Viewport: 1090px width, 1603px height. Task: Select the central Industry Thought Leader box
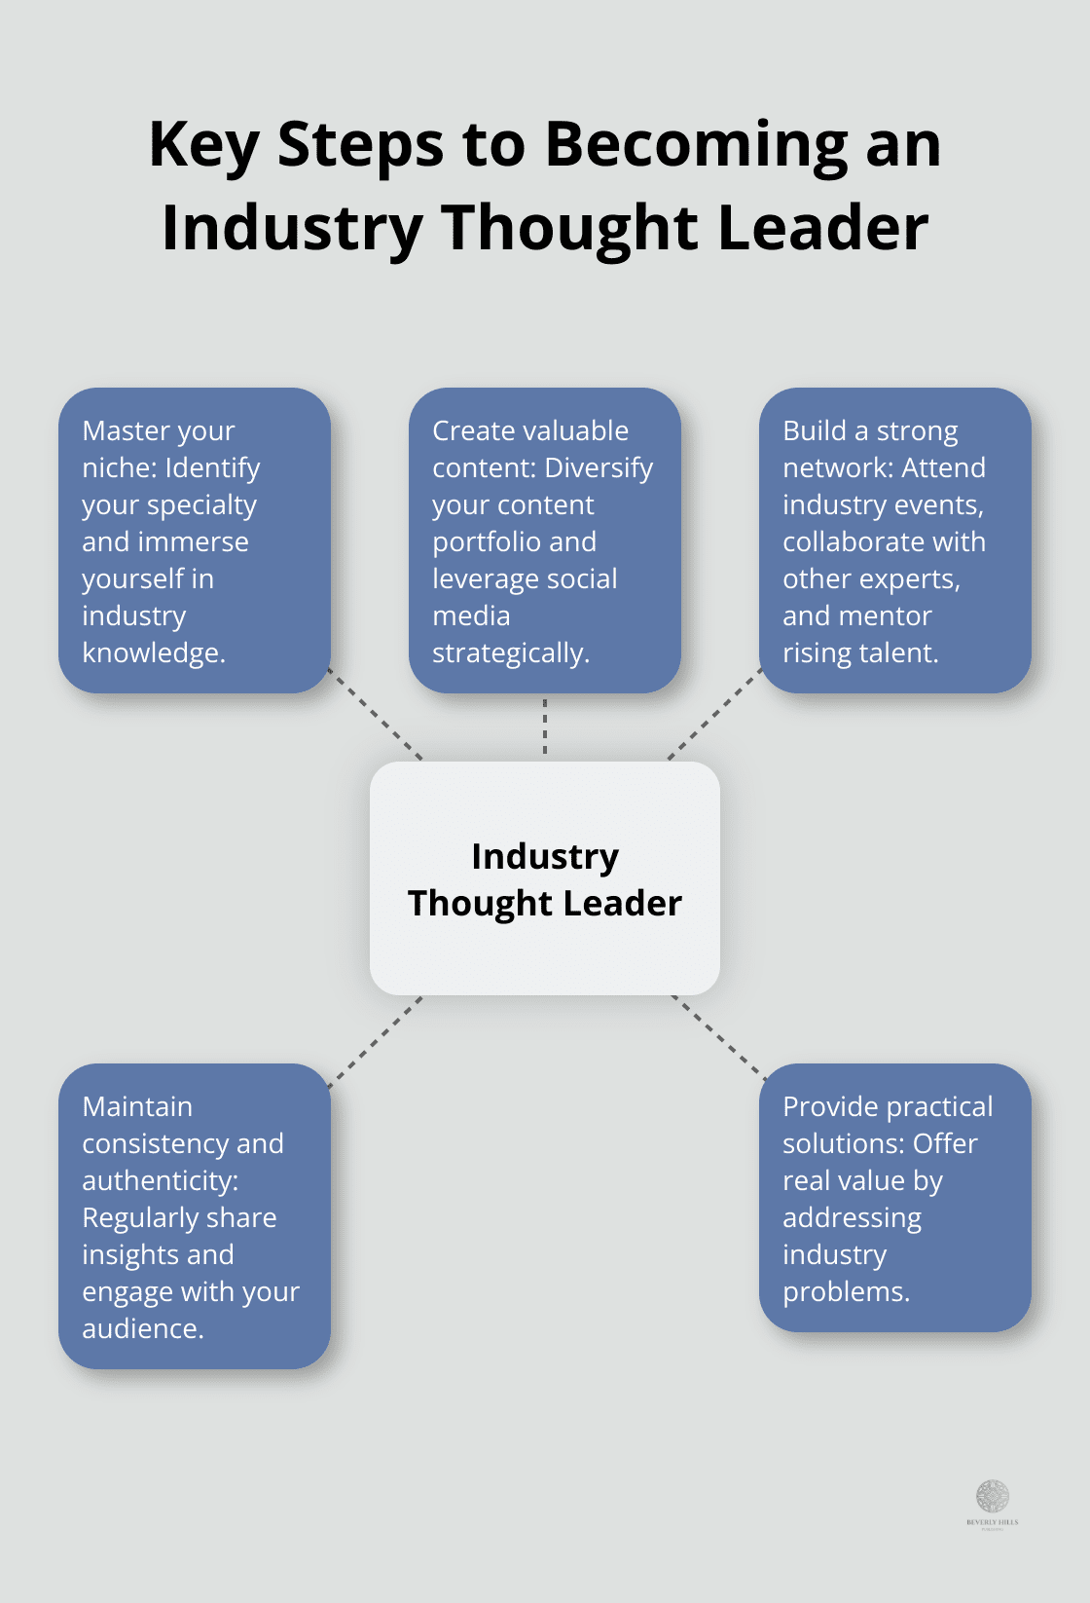tap(545, 877)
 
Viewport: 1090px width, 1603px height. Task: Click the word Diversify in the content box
tap(599, 468)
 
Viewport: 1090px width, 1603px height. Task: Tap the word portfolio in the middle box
tap(477, 542)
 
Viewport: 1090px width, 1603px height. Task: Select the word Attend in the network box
tap(943, 468)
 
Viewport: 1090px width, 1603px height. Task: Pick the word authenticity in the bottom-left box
tap(159, 1181)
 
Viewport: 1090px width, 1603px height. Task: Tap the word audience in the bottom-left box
tap(141, 1329)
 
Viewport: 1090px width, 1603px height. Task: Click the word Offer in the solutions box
tap(944, 1144)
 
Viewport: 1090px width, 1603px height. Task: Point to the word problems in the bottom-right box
tap(845, 1292)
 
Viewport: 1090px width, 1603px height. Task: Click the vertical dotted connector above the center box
tap(545, 727)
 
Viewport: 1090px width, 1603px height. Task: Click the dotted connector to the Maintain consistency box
tap(377, 1041)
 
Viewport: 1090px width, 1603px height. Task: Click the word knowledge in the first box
tap(152, 653)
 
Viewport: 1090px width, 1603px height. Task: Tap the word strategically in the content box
tap(509, 653)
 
